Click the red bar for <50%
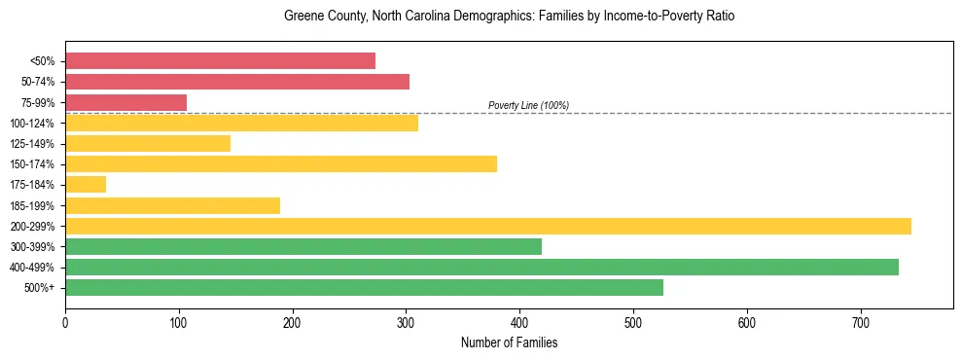220,61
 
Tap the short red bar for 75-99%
125,102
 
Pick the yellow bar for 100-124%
241,123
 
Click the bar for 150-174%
281,163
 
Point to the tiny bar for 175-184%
86,184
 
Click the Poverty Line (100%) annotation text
528,105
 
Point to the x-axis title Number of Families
509,342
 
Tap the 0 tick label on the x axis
65,322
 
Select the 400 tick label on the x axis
519,322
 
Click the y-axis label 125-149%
32,144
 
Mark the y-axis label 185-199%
32,205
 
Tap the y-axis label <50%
42,61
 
